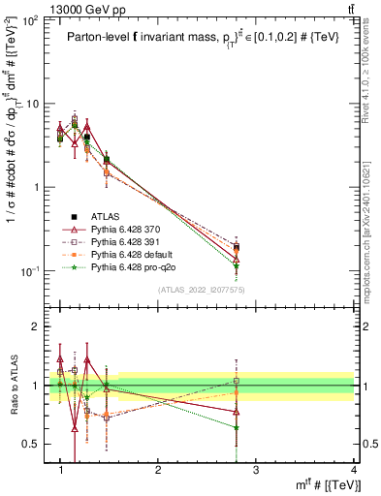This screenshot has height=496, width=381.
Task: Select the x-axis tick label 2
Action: pyautogui.click(x=158, y=469)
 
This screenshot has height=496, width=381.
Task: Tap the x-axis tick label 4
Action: pyautogui.click(x=354, y=469)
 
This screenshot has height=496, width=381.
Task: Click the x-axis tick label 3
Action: pyautogui.click(x=256, y=469)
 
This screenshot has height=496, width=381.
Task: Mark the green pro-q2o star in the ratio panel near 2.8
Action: pyautogui.click(x=237, y=427)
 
